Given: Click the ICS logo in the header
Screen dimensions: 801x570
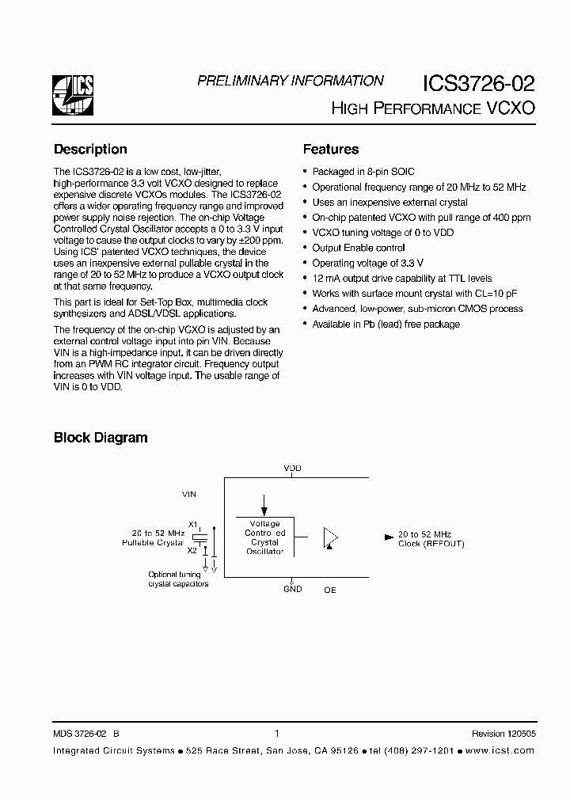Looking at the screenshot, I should pos(74,96).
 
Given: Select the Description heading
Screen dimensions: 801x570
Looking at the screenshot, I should pos(90,150).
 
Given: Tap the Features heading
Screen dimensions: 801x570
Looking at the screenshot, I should pos(331,150).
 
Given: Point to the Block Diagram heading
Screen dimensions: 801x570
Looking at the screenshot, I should pos(101,438).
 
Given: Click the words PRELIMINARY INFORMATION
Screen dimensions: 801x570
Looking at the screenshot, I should pos(290,81).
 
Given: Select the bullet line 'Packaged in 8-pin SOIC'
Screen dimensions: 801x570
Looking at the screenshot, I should pos(363,172).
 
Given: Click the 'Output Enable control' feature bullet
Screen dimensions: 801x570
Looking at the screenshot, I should pos(359,248).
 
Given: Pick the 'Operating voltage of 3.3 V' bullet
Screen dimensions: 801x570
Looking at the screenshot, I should pos(367,263).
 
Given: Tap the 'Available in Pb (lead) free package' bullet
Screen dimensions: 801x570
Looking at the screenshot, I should pos(386,324).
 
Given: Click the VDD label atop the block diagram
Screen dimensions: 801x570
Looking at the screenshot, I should pos(293,469).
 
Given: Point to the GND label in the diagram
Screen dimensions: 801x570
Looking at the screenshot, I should pos(293,589).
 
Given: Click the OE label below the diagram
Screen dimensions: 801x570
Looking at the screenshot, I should pos(330,590).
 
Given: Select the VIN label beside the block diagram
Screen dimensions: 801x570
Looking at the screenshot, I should pos(189,494).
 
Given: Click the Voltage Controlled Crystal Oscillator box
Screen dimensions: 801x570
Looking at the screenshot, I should pos(264,537).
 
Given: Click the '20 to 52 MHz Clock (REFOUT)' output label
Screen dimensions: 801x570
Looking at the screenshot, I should pos(431,539).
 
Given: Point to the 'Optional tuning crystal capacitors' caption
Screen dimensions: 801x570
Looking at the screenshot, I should pos(178,579).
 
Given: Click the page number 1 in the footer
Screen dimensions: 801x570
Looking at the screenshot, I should pos(276,734).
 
